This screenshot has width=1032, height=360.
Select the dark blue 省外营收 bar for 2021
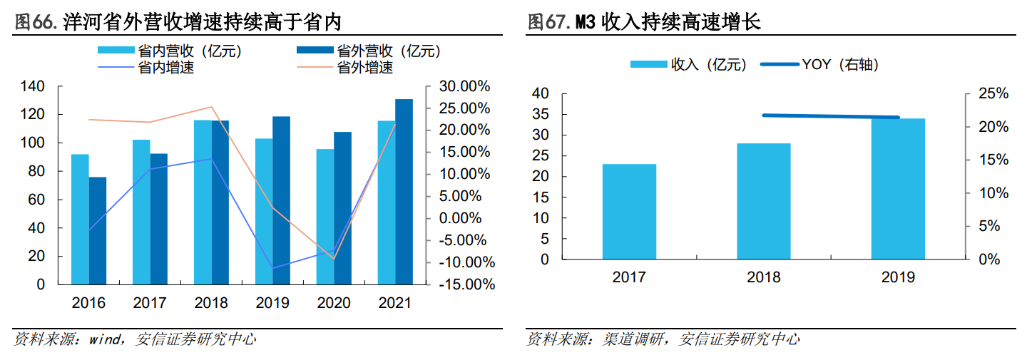click(404, 192)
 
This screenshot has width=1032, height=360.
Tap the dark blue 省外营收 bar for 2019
click(281, 200)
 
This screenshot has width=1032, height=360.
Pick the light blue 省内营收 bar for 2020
click(325, 217)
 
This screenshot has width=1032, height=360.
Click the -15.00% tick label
click(464, 284)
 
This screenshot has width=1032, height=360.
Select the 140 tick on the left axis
click(51, 86)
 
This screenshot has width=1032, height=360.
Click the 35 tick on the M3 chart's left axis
click(539, 114)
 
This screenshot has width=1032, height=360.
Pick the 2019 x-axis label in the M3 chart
click(898, 277)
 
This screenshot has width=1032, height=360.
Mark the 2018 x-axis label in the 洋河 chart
click(211, 303)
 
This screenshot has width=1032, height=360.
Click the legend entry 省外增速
click(364, 68)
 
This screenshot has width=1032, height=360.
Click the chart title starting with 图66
click(178, 22)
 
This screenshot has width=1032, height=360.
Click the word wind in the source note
click(106, 340)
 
